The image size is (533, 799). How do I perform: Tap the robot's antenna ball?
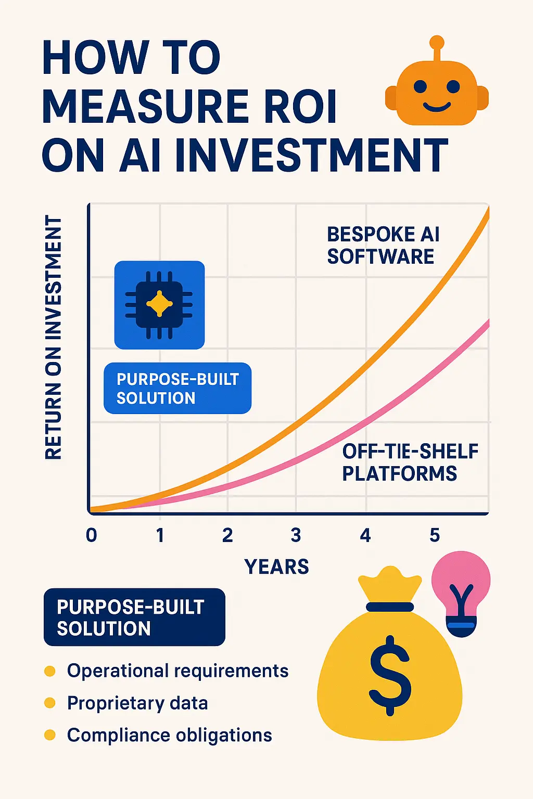pos(437,42)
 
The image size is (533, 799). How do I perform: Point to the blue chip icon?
pos(159,305)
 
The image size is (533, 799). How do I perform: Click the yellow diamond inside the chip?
pos(159,304)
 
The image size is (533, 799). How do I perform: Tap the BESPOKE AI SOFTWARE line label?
pos(383,246)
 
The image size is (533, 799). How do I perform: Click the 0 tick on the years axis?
pos(92,535)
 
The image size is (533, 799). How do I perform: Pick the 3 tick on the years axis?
pos(296,535)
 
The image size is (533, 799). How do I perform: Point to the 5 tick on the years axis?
pos(435,535)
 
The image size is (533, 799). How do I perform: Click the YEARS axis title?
pos(276,566)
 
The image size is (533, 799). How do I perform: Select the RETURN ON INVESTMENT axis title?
pos(54,338)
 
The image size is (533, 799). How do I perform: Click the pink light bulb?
pos(461,588)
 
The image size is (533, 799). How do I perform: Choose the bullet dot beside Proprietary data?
pos(50,703)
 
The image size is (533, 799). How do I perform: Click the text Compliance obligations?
pos(170,735)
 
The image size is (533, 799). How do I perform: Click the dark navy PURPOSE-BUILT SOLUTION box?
pos(134,617)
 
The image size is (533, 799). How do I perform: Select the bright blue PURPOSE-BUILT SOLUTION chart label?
pos(177,389)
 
